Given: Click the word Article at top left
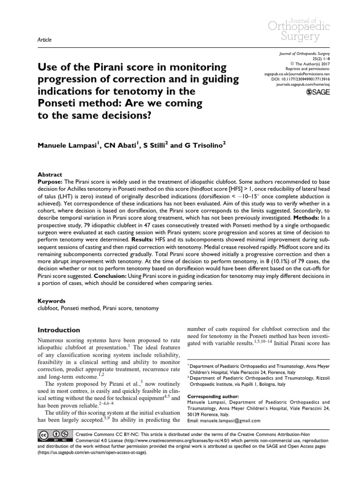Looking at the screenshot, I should [44, 40].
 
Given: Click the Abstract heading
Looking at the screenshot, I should [49, 173].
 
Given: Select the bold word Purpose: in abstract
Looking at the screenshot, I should [50, 180].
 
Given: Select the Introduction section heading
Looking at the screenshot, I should [59, 330].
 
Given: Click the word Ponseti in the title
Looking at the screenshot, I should [59, 102].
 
